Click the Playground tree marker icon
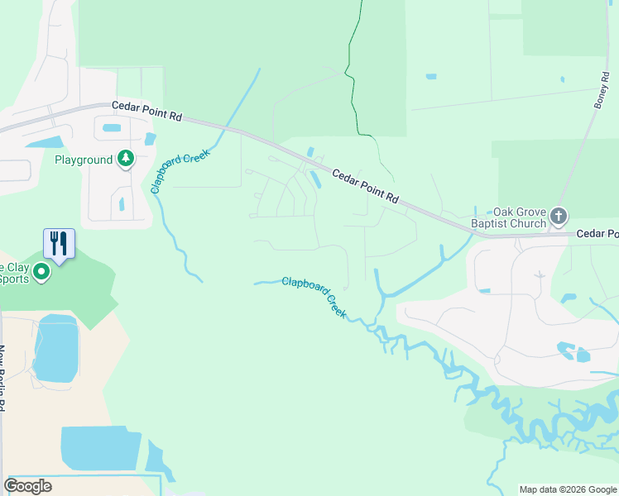(x=125, y=158)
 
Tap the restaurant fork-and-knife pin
(x=59, y=242)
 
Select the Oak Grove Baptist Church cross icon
(x=559, y=217)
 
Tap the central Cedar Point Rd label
(x=366, y=187)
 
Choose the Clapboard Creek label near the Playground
(x=180, y=171)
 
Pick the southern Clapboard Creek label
(x=314, y=297)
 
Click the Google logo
(x=27, y=486)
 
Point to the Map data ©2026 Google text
(x=568, y=489)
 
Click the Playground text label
(x=84, y=160)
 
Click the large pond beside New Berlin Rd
(x=55, y=348)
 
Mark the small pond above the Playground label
(x=111, y=128)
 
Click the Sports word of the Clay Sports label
(x=16, y=279)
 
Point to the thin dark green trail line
(x=353, y=83)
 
